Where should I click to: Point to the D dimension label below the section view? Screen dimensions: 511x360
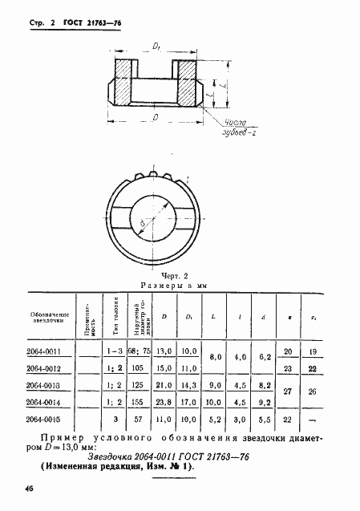point(154,117)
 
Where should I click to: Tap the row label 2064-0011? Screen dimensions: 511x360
point(51,351)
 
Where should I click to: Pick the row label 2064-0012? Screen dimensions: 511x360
point(51,368)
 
